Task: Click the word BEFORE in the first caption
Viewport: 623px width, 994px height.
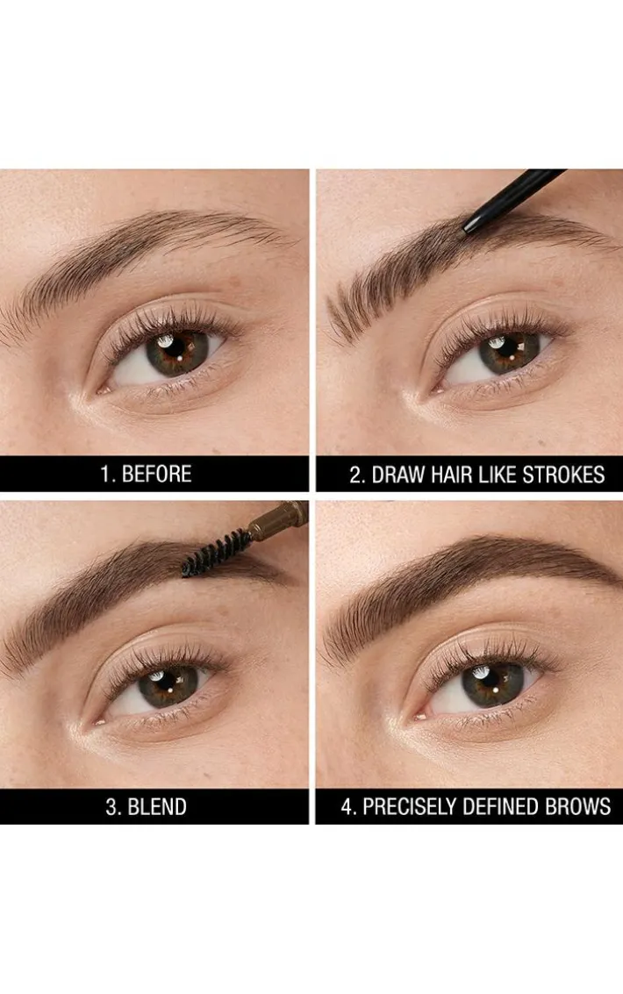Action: pos(156,474)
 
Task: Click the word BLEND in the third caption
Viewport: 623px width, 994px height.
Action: pos(157,806)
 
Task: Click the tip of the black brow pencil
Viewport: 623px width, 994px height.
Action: pos(467,231)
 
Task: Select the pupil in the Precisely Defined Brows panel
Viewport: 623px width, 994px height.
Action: pos(491,686)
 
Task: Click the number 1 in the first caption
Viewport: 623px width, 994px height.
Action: pos(104,474)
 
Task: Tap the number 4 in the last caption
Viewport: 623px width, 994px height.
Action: pos(346,806)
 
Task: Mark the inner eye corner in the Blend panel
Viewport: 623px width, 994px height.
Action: pos(99,721)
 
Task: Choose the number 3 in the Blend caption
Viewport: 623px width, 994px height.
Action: pos(111,806)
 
